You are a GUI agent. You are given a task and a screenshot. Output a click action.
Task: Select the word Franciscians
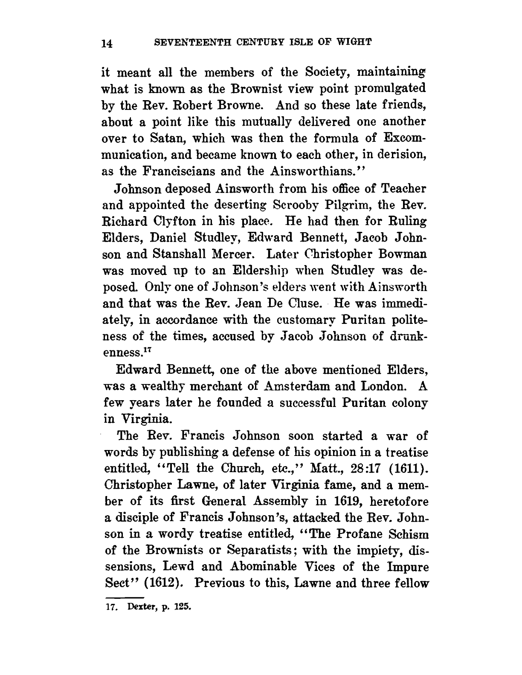pos(176,171)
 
